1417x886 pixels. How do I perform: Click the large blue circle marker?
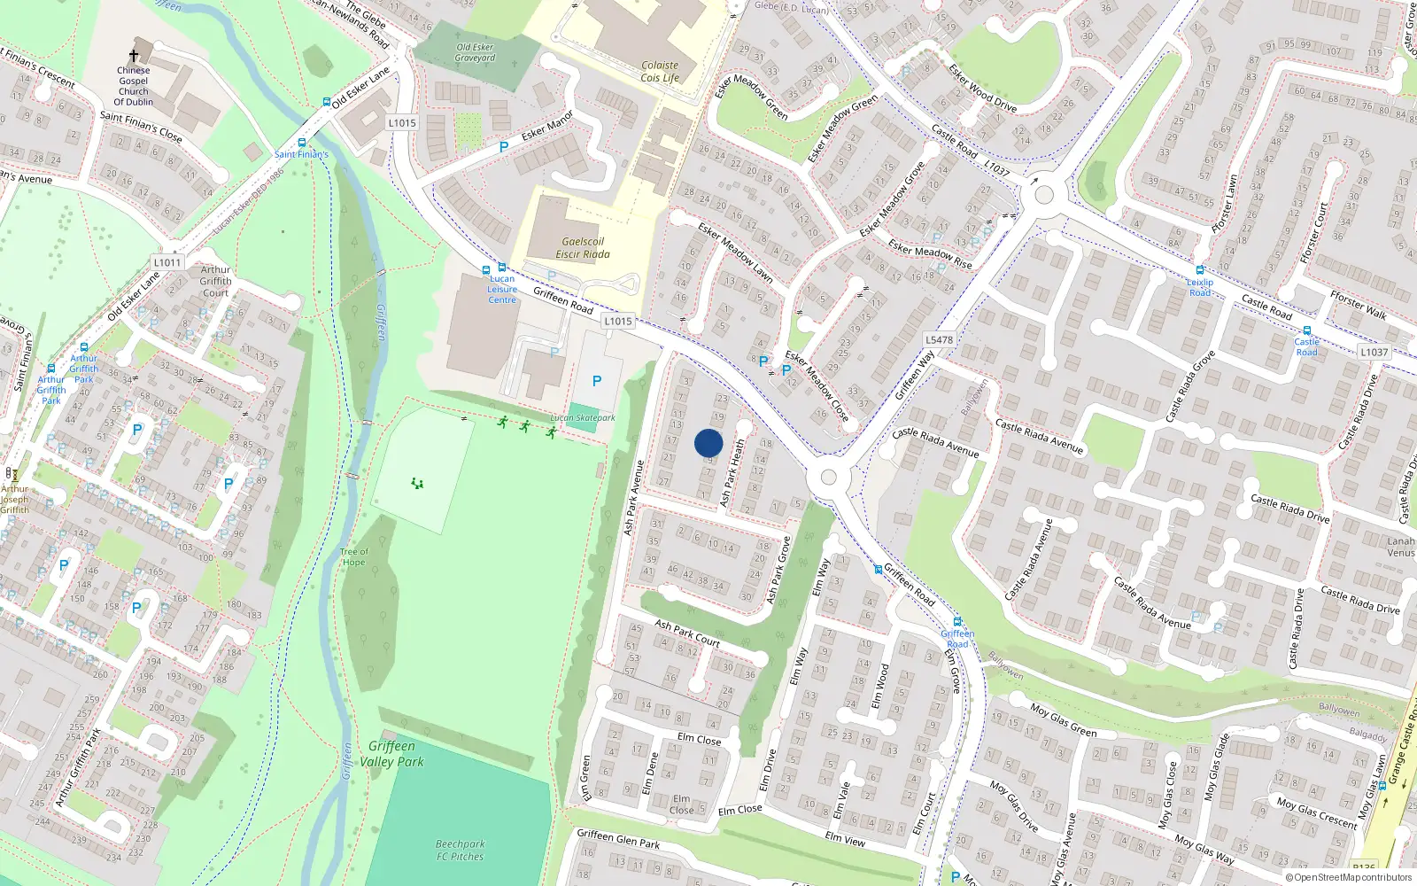click(708, 443)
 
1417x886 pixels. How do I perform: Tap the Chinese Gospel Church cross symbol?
click(134, 55)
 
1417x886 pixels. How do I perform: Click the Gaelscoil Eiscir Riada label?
click(582, 248)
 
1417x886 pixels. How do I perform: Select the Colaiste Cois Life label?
click(660, 72)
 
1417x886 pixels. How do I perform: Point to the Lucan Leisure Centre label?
click(502, 290)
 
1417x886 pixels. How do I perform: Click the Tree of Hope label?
click(353, 556)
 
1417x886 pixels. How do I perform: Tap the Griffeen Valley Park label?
click(391, 754)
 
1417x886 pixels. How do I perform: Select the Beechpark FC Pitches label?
click(460, 850)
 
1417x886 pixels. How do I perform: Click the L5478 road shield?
click(939, 339)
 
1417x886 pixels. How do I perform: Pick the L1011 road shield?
click(166, 262)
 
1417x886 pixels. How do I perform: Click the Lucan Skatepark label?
click(583, 417)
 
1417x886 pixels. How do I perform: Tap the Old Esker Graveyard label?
click(475, 52)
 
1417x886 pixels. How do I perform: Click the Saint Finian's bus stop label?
click(301, 154)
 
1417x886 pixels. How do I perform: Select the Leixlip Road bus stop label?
click(1200, 287)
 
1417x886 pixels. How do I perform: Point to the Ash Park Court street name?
click(687, 633)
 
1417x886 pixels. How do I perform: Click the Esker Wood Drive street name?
click(982, 87)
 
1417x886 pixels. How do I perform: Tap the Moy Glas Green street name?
click(1064, 720)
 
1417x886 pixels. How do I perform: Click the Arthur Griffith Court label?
click(215, 281)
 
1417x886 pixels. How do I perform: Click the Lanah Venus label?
click(1400, 547)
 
